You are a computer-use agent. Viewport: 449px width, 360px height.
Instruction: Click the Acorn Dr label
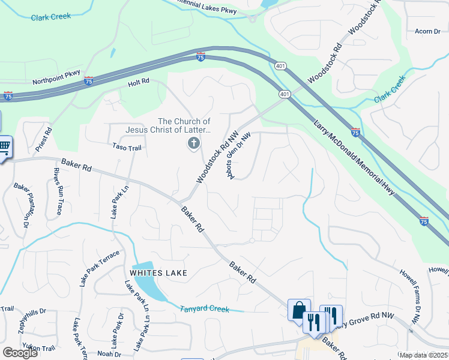(427, 31)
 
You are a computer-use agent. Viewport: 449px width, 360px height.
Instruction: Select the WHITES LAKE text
(157, 273)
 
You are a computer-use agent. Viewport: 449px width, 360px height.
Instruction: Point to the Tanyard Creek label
(205, 308)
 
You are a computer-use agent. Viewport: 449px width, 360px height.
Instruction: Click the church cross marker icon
(193, 143)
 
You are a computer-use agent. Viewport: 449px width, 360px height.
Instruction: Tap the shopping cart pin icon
(4, 147)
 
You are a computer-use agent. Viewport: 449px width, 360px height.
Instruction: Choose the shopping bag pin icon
(299, 310)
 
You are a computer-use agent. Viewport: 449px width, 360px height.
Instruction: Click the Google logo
(20, 353)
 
